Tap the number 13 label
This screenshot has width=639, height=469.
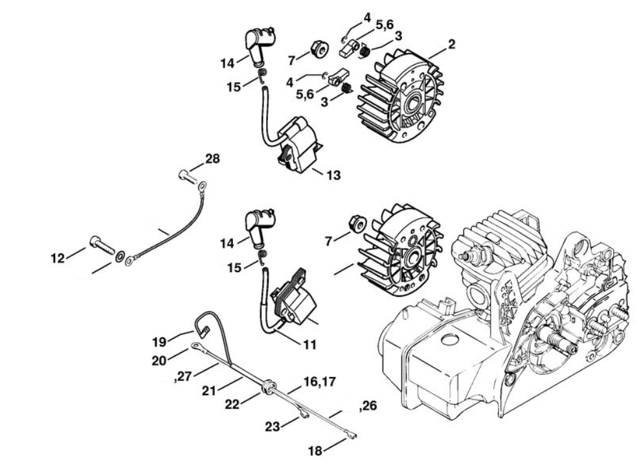[334, 175]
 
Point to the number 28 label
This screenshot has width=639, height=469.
[212, 159]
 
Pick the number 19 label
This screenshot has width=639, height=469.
[160, 340]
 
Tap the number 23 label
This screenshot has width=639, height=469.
[273, 426]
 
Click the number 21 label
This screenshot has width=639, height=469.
[209, 391]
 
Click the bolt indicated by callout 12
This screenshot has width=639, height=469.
[100, 246]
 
